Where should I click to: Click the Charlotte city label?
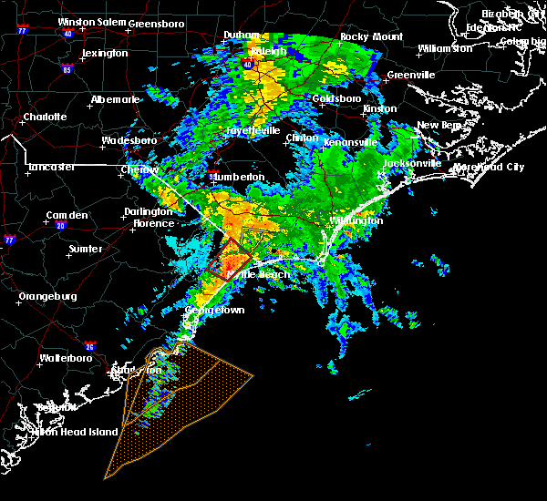46,118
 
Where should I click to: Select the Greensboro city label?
157,23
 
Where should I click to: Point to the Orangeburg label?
48,296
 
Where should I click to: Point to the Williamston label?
446,48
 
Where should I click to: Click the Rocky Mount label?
365,37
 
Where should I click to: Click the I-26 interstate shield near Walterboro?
89,346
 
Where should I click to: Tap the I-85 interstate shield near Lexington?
67,68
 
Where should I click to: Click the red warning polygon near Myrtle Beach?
228,257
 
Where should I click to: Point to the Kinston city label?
380,108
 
